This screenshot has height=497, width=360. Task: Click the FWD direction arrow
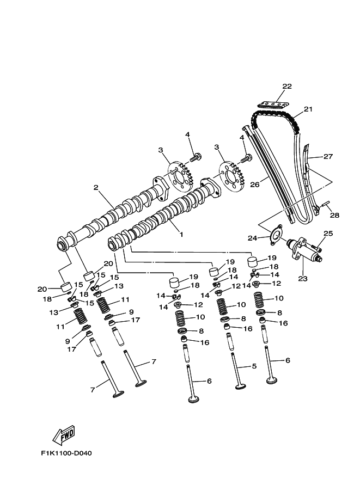[64, 435]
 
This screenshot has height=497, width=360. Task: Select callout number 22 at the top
[287, 87]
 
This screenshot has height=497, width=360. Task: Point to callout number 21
[308, 109]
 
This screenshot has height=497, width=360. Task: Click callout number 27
[327, 157]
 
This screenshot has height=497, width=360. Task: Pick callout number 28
[334, 216]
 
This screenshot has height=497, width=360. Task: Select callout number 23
[303, 279]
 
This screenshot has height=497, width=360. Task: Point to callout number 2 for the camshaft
[96, 188]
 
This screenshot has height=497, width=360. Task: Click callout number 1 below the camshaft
[181, 235]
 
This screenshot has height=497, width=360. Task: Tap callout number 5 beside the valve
[254, 366]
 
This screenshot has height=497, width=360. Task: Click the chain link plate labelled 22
[276, 103]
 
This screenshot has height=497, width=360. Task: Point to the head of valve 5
[240, 388]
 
